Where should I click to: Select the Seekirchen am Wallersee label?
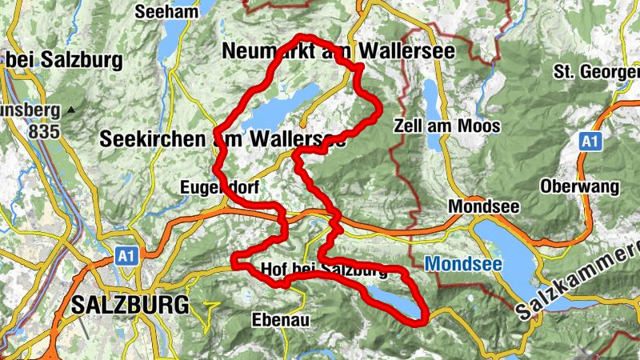point(223,138)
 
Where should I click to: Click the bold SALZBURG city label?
point(130,305)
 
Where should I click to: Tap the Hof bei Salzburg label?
point(324,270)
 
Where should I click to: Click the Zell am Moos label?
point(447,126)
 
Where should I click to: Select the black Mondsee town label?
point(484,206)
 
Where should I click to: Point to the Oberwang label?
point(580,187)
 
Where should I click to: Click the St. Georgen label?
point(596,73)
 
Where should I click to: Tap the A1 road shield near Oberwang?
point(590,142)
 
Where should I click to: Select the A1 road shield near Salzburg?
point(124,256)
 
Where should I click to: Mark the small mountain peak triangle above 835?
point(72,109)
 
